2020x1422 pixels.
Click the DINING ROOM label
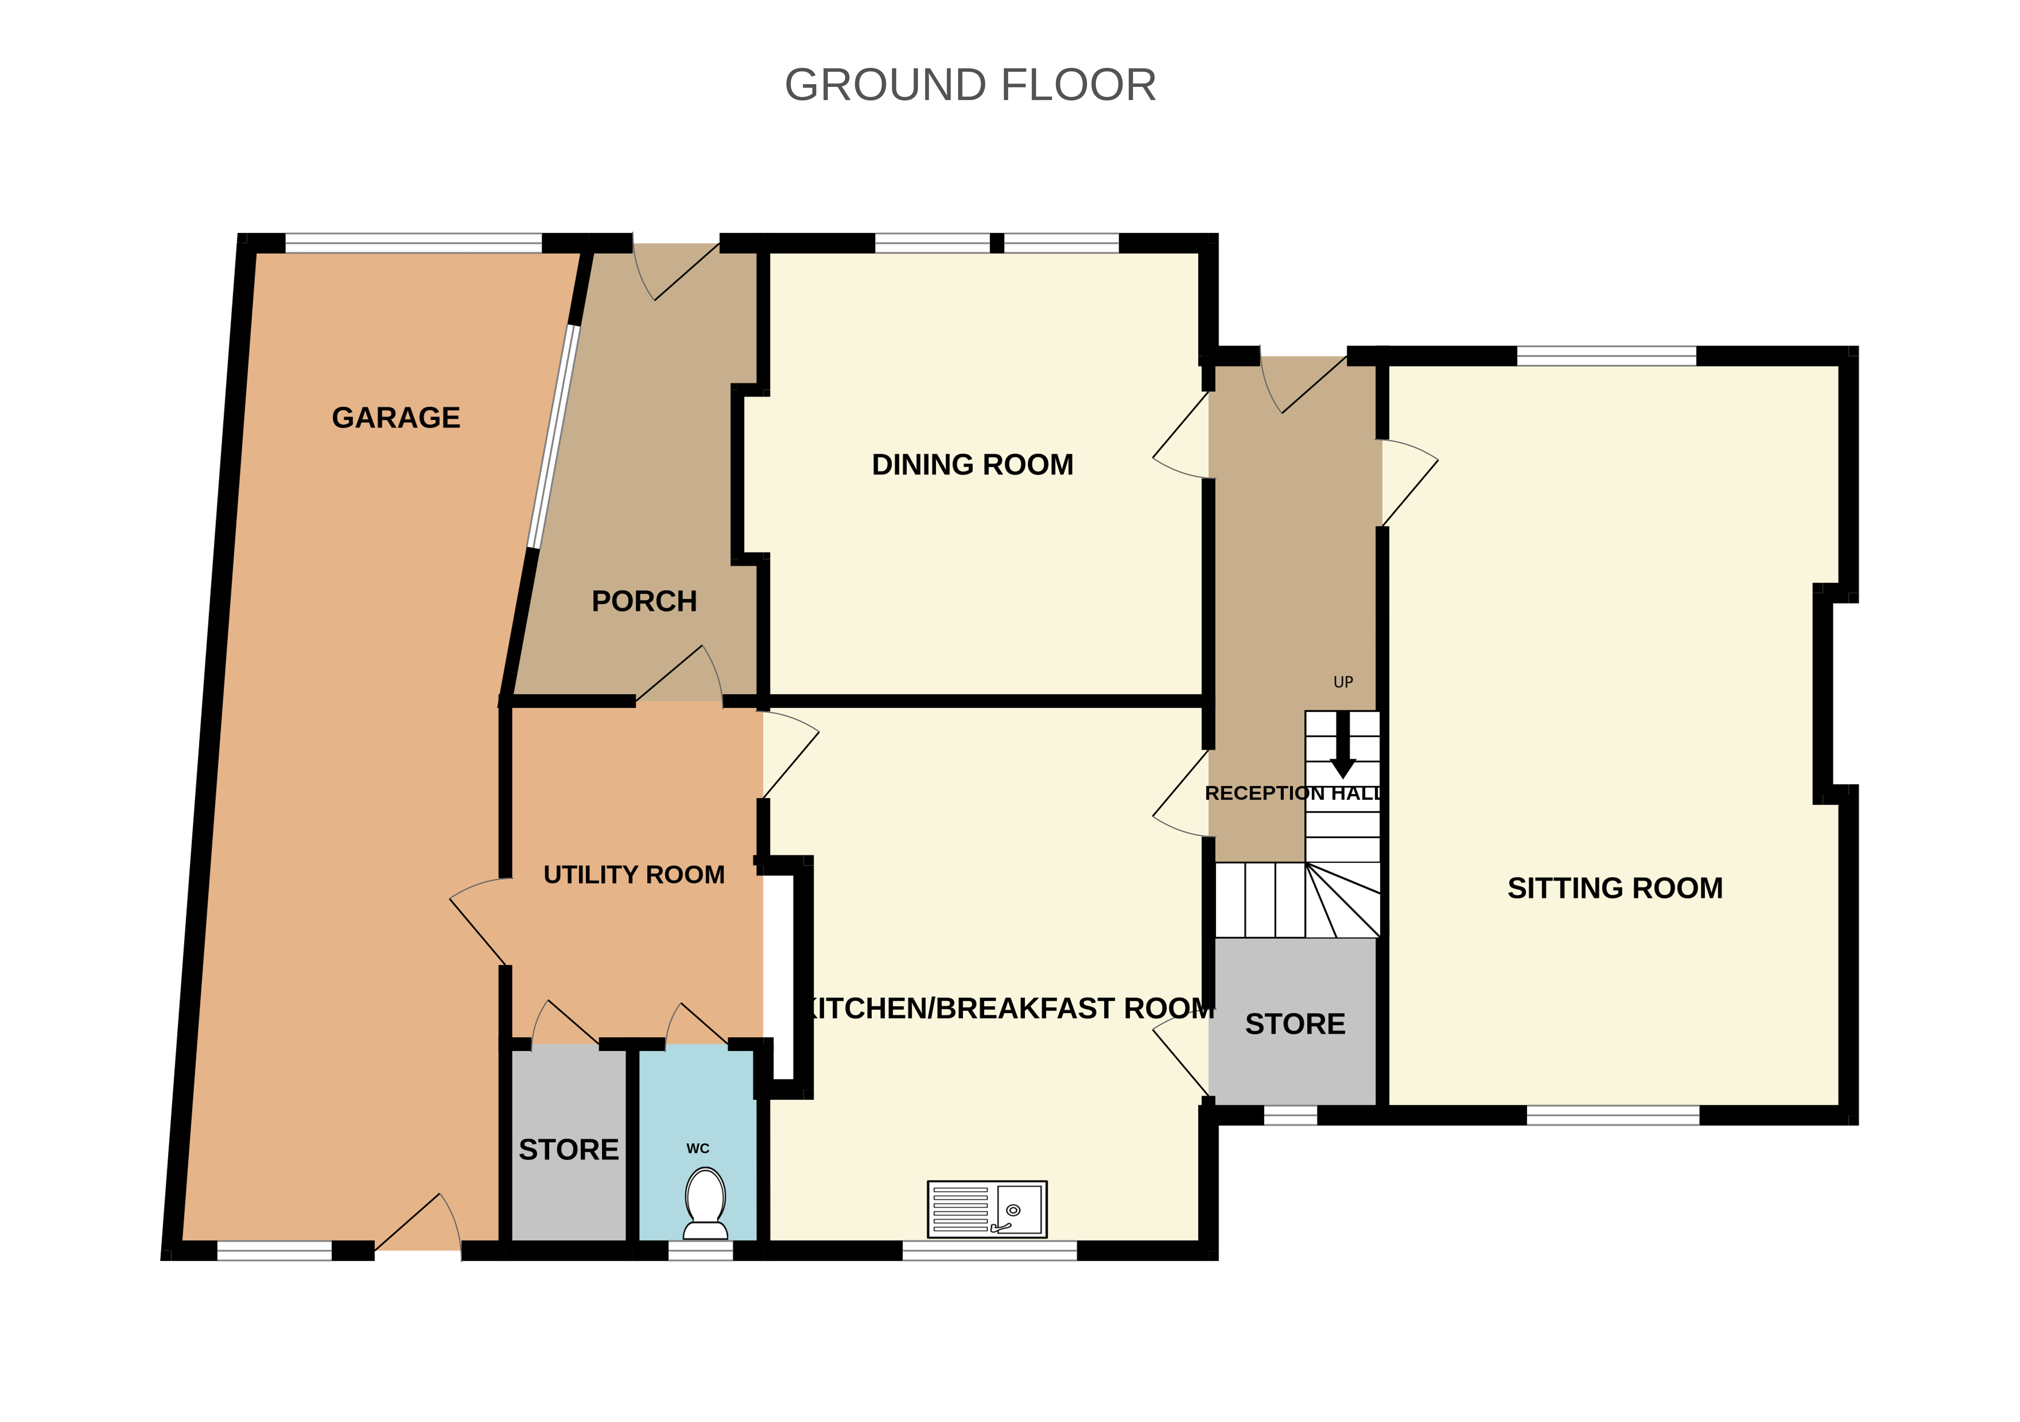[x=972, y=465]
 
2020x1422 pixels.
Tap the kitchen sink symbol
[x=987, y=1209]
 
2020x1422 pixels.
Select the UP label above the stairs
[x=1343, y=682]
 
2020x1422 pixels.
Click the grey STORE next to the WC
[x=569, y=1149]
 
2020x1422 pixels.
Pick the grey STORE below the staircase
[x=1295, y=1024]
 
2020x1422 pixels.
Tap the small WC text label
[x=698, y=1148]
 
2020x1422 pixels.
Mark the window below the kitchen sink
[x=990, y=1251]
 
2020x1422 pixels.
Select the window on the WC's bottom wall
[x=700, y=1251]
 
